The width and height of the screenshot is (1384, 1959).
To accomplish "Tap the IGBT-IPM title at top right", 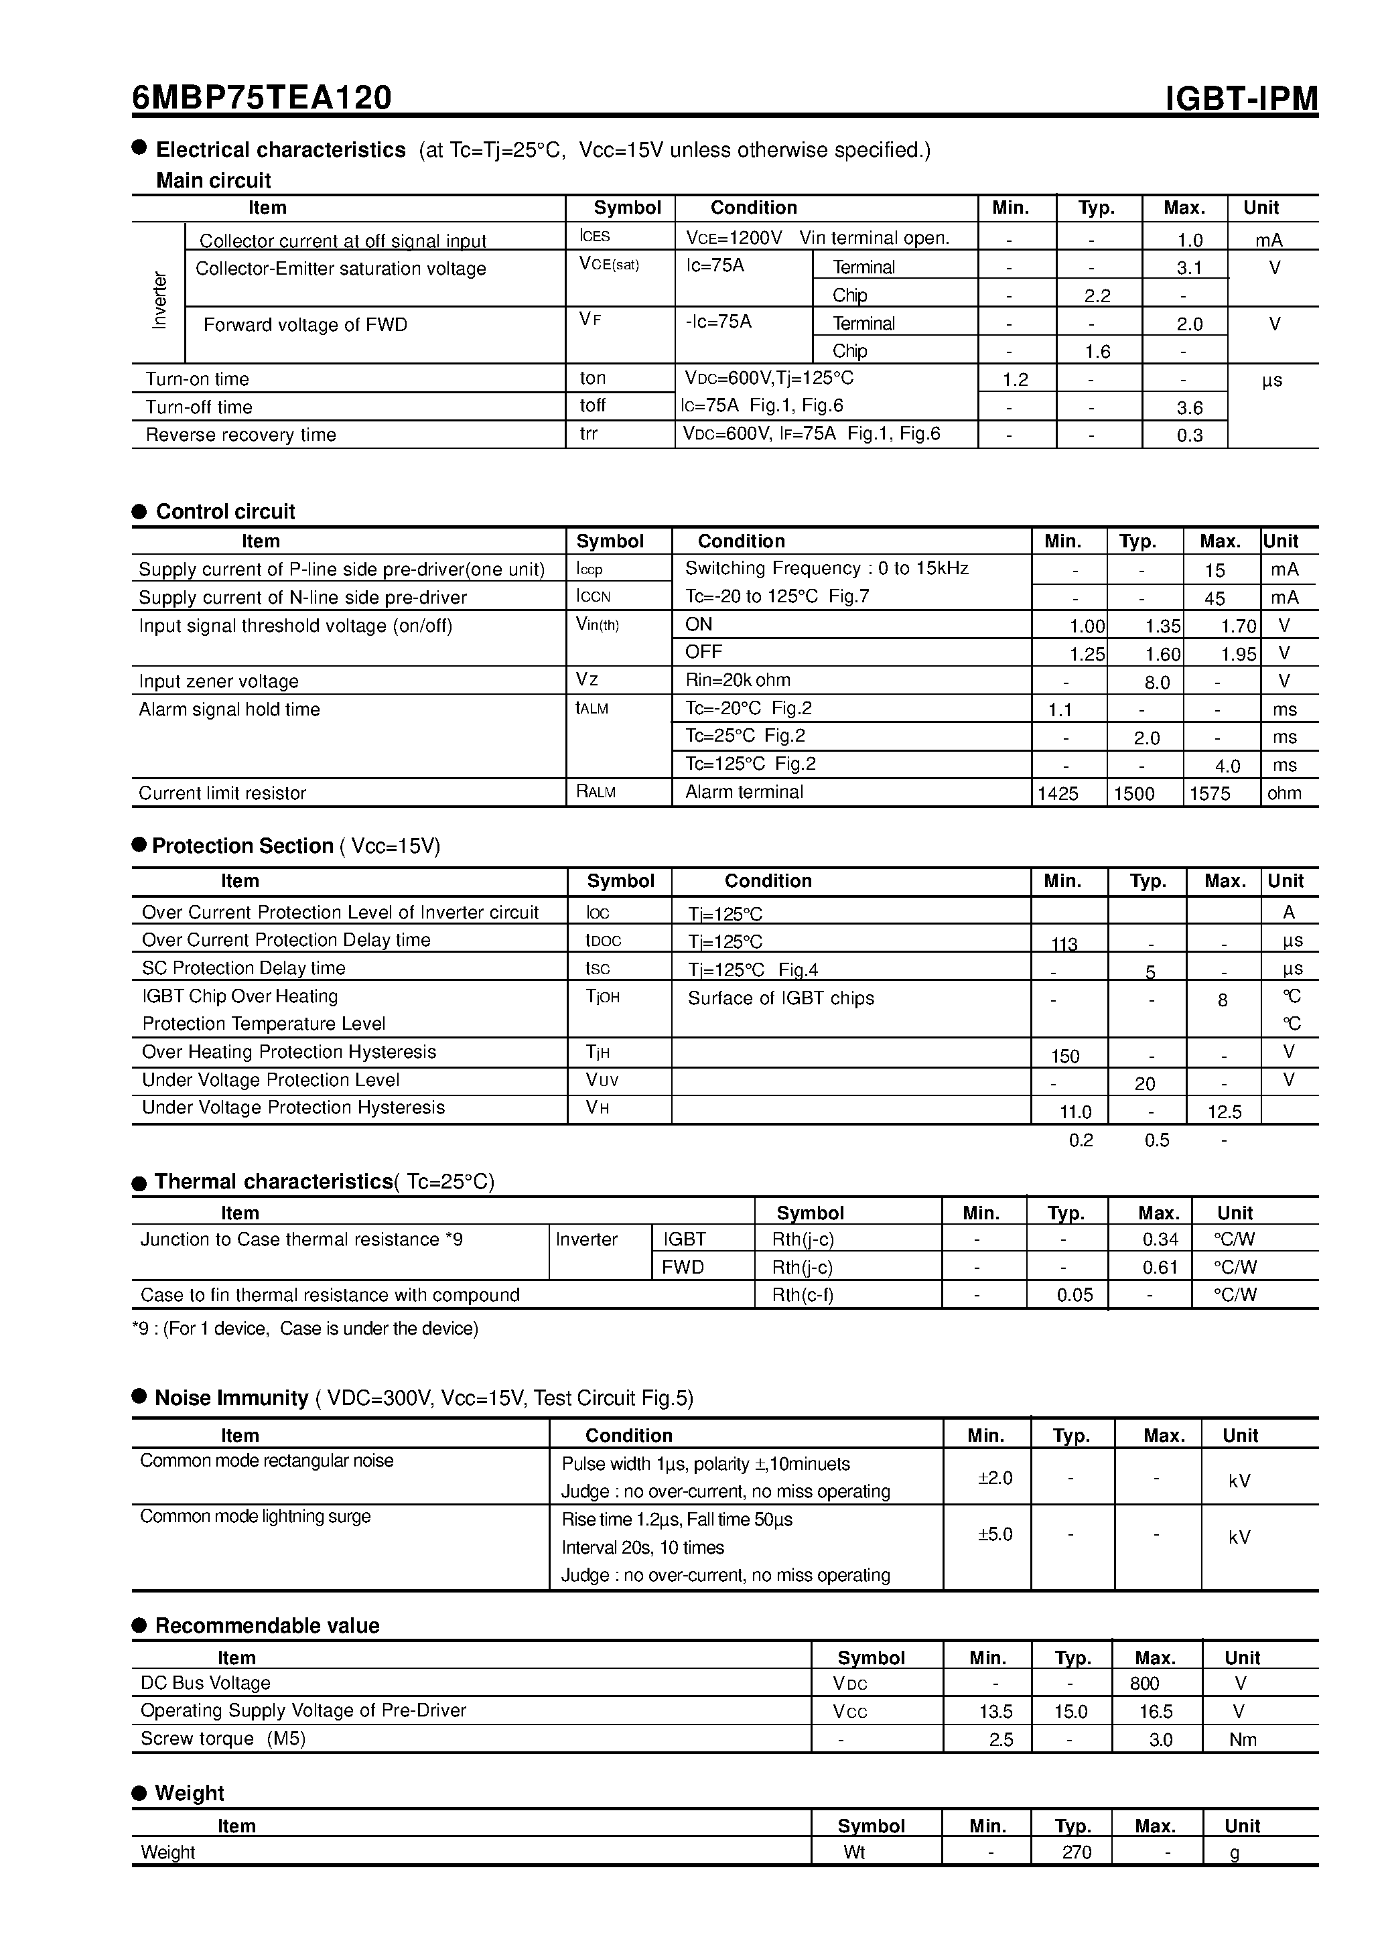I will pos(1241,99).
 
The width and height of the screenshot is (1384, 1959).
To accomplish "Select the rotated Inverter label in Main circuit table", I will pos(159,299).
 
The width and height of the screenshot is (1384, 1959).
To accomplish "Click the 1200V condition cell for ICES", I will pos(817,238).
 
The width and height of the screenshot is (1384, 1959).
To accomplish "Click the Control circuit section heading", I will pos(225,512).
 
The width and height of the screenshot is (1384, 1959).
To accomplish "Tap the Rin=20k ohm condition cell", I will pos(738,680).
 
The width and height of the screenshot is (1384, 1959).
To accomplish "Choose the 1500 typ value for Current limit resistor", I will pos(1134,793).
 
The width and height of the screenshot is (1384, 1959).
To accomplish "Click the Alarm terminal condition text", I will pos(744,792).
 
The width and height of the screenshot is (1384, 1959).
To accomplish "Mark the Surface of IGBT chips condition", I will pos(780,998).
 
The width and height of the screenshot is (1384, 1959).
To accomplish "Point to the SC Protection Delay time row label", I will pos(243,968).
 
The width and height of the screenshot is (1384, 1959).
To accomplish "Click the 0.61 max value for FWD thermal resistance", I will pos(1160,1268).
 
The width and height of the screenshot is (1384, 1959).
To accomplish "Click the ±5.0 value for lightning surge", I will pos(994,1535).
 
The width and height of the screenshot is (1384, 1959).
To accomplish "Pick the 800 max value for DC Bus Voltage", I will pos(1144,1684).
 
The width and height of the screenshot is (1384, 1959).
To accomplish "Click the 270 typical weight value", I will pos(1076,1852).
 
